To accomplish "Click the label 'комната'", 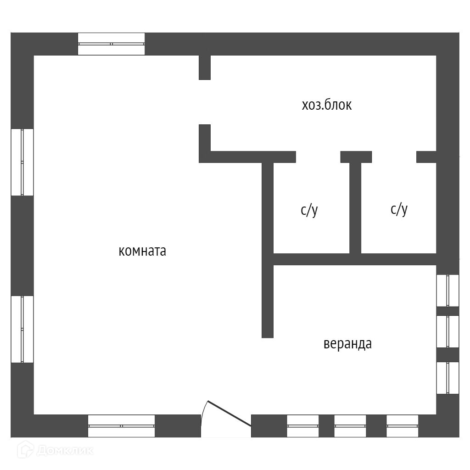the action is point(142,252).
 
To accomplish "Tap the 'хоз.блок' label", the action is point(326,105).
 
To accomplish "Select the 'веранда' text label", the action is point(347,344).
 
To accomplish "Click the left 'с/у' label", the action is point(309,210).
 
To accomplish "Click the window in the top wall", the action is point(111,44).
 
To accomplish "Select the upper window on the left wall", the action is point(22,162).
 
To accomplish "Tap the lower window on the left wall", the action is point(22,329).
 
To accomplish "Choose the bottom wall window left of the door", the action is point(121,426).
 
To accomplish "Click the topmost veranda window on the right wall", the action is point(448,290).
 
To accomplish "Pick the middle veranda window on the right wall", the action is point(448,331).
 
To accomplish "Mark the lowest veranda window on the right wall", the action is point(448,378).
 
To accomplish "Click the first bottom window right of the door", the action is point(302,426).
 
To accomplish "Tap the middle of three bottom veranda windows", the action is point(350,426).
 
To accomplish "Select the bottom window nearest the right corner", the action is point(402,426).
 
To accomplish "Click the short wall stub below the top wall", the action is point(205,67).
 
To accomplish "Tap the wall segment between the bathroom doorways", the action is point(356,157).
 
